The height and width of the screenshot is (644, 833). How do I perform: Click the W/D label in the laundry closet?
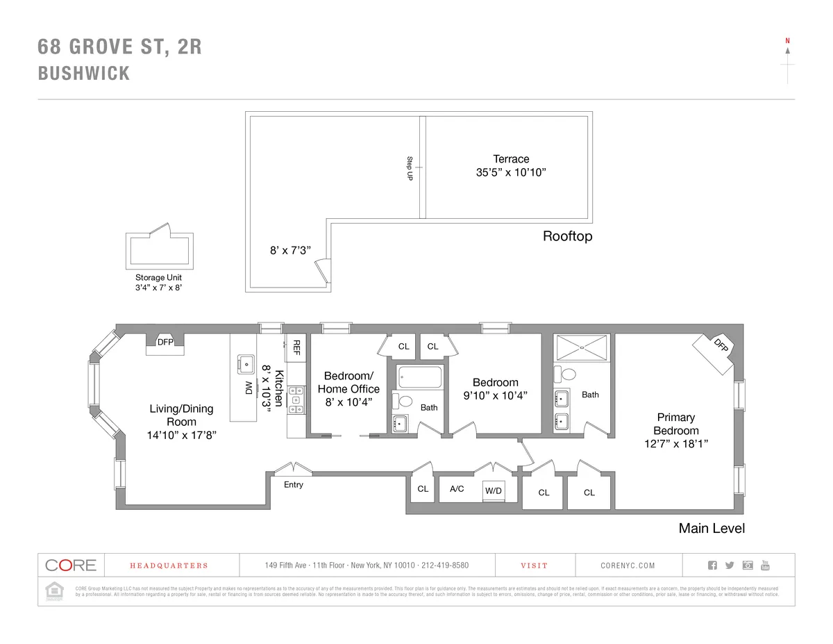[x=494, y=490]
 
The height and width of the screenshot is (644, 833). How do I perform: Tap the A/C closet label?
[x=457, y=489]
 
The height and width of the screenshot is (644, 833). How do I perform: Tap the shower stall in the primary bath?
[x=582, y=347]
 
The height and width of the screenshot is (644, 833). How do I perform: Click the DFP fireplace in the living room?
[x=165, y=342]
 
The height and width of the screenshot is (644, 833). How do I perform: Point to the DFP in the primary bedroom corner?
[x=721, y=345]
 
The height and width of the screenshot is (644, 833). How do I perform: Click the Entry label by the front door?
[x=293, y=484]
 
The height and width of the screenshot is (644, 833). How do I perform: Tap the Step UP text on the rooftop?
[x=410, y=169]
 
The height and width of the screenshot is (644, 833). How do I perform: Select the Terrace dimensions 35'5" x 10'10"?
[x=511, y=173]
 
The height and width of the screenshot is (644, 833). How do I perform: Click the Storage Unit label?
[x=158, y=277]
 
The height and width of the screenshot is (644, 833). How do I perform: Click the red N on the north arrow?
[x=787, y=41]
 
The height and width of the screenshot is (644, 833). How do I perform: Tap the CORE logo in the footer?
[x=71, y=565]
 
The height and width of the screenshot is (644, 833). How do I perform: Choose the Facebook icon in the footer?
[x=712, y=565]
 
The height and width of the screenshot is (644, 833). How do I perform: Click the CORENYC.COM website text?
[x=628, y=565]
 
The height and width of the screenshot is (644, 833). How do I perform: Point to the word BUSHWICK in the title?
[x=84, y=74]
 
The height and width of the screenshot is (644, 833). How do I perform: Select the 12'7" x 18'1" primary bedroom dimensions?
[x=675, y=443]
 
